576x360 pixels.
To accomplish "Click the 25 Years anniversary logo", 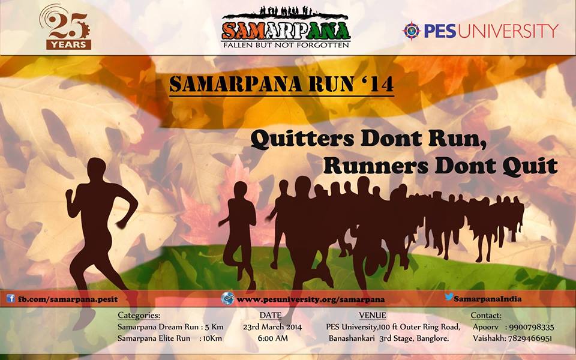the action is (65, 28).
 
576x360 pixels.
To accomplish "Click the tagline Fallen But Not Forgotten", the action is (286, 45).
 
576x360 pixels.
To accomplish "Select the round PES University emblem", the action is (412, 31).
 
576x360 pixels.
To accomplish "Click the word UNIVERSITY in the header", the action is (508, 31).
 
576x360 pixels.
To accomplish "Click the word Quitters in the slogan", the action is (302, 140).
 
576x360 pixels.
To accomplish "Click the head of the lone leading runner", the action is (97, 169).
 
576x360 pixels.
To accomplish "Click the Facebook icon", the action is (11, 298).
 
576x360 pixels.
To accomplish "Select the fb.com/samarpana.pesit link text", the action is (68, 299).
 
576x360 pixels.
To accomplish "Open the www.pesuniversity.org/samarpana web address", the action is (310, 300).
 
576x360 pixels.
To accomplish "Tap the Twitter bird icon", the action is (449, 297).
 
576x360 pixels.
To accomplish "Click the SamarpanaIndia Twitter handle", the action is (487, 299).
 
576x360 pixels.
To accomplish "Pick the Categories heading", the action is (139, 315).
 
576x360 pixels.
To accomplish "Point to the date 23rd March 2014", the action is (272, 327).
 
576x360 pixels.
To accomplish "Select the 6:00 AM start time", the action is (272, 338).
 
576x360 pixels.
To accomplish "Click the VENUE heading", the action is (373, 315).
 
